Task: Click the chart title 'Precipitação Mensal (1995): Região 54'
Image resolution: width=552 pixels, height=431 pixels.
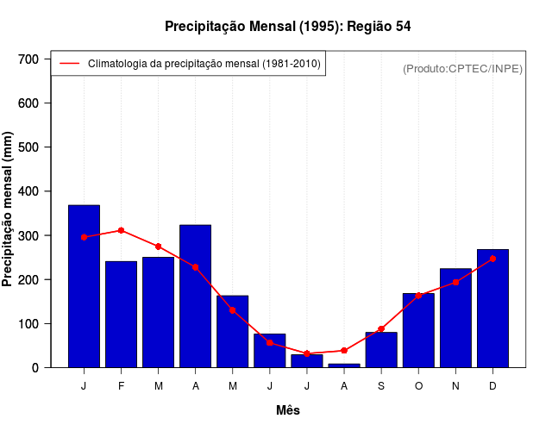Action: pos(287,27)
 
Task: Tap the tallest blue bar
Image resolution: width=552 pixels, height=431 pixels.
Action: pos(84,286)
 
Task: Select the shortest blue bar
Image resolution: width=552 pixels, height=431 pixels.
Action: pos(344,365)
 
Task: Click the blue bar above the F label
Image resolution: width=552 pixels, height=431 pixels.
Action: pos(121,314)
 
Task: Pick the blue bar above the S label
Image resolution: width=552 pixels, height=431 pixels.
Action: pos(381,349)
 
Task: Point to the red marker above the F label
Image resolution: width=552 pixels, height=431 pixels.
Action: pos(121,230)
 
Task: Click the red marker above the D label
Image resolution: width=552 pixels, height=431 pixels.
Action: pos(492,258)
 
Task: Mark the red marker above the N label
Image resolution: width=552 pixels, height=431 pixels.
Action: pos(455,282)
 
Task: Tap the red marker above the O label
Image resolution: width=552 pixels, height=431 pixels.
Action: pos(418,296)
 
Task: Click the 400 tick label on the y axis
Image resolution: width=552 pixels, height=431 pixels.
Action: pos(28,191)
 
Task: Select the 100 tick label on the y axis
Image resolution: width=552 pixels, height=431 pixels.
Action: pos(28,323)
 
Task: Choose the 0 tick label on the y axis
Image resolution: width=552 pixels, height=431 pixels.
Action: pos(35,368)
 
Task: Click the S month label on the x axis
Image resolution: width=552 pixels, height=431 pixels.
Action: pos(381,386)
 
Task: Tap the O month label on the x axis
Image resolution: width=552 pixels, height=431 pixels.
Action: pos(418,386)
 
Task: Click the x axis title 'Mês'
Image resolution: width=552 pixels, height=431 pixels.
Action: pos(288,410)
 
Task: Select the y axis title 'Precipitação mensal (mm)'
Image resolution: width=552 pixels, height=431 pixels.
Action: pos(9,209)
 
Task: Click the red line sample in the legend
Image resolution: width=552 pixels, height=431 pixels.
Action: pos(69,64)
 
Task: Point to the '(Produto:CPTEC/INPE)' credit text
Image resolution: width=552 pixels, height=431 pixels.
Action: pos(463,68)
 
